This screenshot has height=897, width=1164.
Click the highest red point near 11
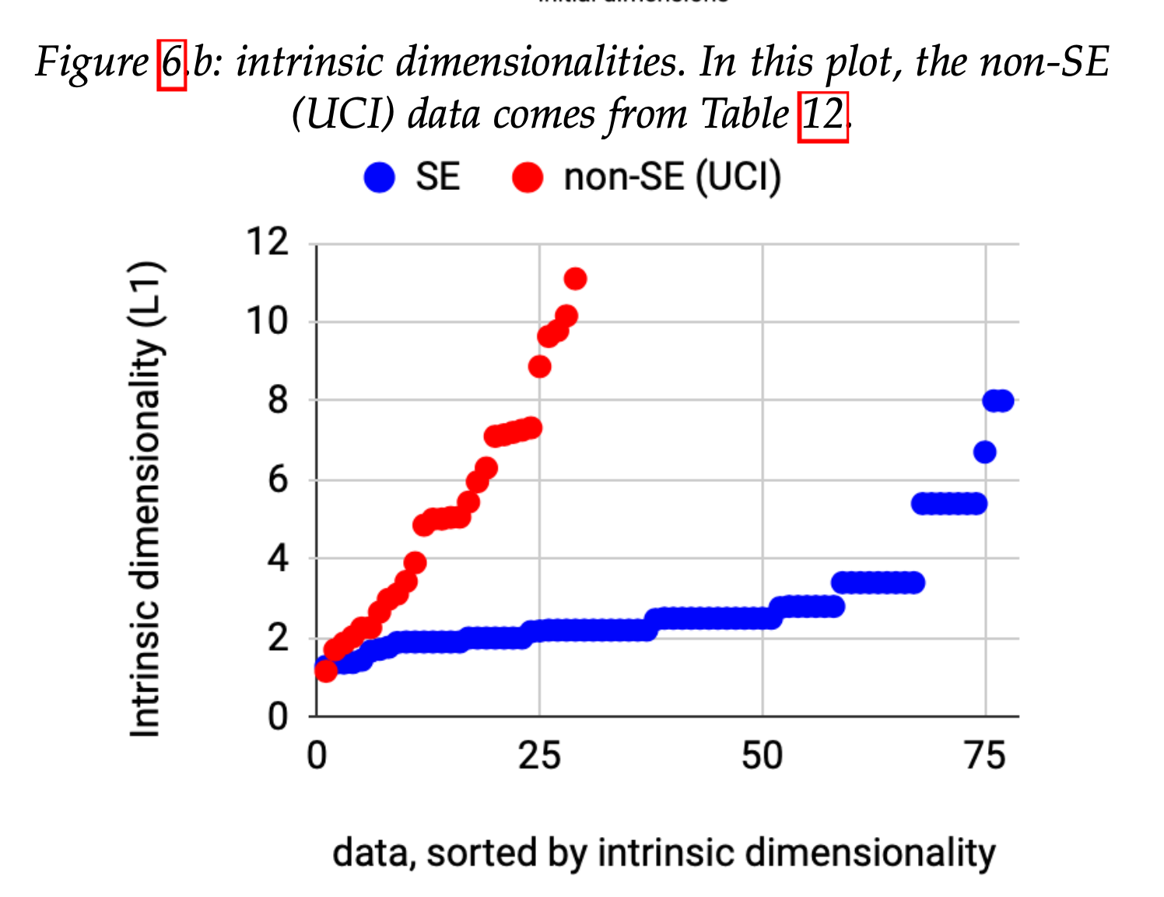pos(575,279)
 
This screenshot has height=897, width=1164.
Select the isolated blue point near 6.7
pos(984,452)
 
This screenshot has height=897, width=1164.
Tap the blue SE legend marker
pos(380,178)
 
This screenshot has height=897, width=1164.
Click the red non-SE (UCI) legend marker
pos(528,178)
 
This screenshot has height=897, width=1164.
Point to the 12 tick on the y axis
pos(268,242)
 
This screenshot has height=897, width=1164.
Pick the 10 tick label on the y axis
pos(268,321)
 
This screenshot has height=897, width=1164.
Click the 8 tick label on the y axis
pos(278,400)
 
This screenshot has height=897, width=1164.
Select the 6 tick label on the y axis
pos(278,480)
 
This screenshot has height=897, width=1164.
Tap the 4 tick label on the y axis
pos(278,558)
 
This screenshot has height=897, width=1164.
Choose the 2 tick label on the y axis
pos(278,638)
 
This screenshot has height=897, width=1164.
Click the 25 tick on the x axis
pos(539,756)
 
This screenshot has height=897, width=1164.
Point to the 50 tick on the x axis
pos(762,756)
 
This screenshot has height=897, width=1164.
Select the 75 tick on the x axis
pos(985,756)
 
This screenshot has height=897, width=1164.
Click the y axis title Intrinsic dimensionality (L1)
pos(146,498)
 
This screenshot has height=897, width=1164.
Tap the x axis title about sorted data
pos(664,853)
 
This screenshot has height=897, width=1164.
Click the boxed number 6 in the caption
pos(172,63)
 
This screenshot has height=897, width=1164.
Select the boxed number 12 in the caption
pos(822,116)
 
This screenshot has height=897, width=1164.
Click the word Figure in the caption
pos(92,63)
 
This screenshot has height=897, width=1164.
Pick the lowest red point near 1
pos(326,670)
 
